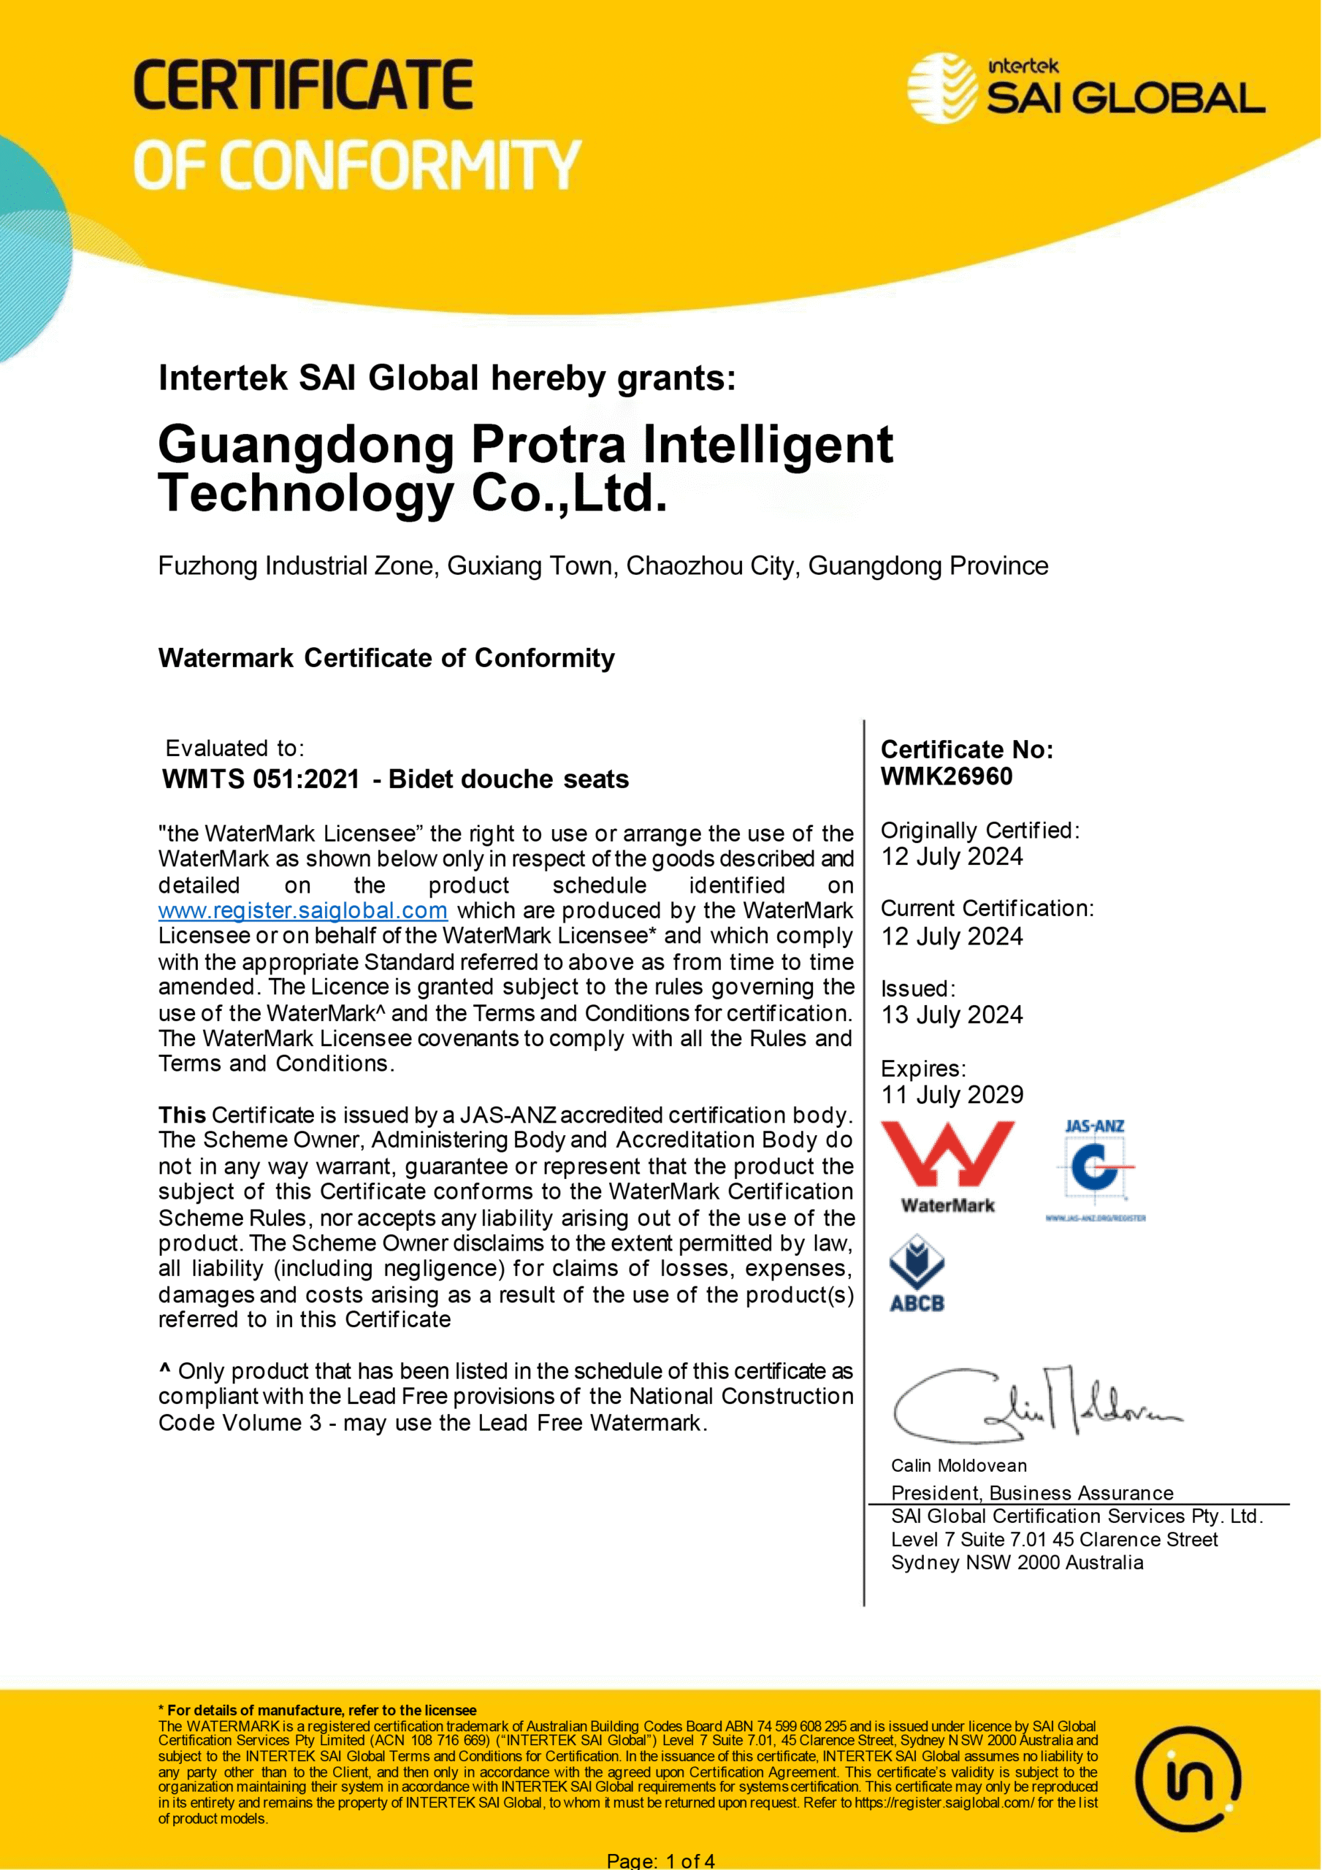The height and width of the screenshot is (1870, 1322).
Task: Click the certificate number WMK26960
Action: pos(947,776)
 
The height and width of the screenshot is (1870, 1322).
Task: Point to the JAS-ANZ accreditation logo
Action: pos(1096,1169)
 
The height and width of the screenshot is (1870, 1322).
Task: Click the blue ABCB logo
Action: pos(917,1274)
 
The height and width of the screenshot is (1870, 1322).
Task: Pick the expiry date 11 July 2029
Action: pos(952,1095)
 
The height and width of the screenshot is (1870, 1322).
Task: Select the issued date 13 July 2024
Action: pos(952,1015)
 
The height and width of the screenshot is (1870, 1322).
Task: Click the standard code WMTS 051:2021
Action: pos(261,779)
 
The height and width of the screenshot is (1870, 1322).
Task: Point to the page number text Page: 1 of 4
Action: pos(660,1861)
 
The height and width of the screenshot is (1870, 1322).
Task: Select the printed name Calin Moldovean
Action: pos(959,1466)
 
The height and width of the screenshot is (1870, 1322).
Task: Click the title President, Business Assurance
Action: pos(1032,1492)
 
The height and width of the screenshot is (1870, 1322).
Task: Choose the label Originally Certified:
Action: pos(980,831)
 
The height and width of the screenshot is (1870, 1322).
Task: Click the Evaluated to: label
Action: pos(234,749)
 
